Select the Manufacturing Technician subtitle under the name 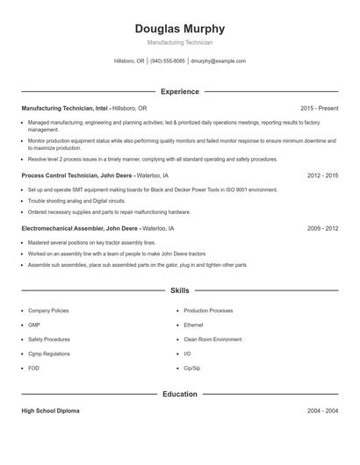[180, 42]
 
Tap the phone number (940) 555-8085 [167, 61]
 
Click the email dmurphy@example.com [218, 61]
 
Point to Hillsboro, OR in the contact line [130, 61]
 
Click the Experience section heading [180, 91]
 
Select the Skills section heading [180, 290]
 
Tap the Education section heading [180, 394]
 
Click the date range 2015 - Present [319, 108]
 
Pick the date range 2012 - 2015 [322, 175]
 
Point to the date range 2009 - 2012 [322, 228]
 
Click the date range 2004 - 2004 [322, 411]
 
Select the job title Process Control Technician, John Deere [77, 175]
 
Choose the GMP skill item [34, 325]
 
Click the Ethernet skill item [195, 325]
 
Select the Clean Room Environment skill [212, 339]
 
